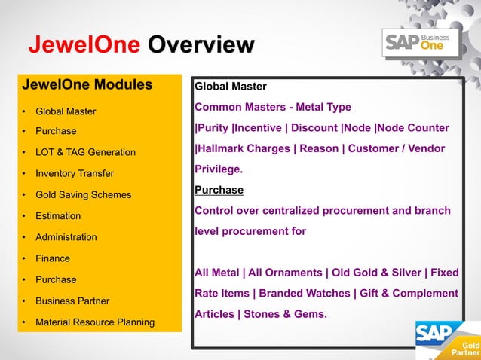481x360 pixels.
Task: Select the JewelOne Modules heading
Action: point(87,84)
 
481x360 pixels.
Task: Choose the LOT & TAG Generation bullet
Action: point(85,153)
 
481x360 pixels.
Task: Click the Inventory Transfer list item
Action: point(75,174)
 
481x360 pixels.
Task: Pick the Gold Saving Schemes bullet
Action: point(83,195)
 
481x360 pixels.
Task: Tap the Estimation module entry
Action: point(58,216)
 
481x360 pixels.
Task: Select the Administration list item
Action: point(66,237)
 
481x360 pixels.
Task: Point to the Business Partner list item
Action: point(72,301)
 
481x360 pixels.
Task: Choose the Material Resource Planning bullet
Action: point(95,322)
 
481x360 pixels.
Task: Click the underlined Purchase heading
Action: point(219,190)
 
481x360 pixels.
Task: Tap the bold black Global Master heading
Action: point(231,87)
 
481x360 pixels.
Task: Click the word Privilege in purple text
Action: point(218,169)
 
